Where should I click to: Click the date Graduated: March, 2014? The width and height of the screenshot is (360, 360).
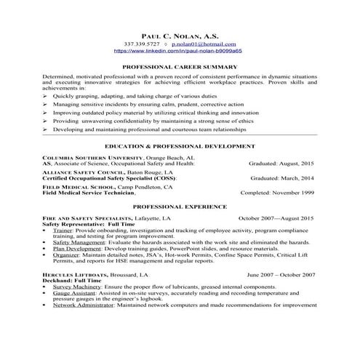pos(282,177)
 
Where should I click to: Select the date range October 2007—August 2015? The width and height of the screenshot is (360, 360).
pos(276,218)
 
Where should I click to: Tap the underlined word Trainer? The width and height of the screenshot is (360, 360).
pos(63,231)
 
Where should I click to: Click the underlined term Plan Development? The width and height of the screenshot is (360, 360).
pos(81,249)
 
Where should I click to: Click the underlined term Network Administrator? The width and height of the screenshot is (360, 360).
pos(87,306)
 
